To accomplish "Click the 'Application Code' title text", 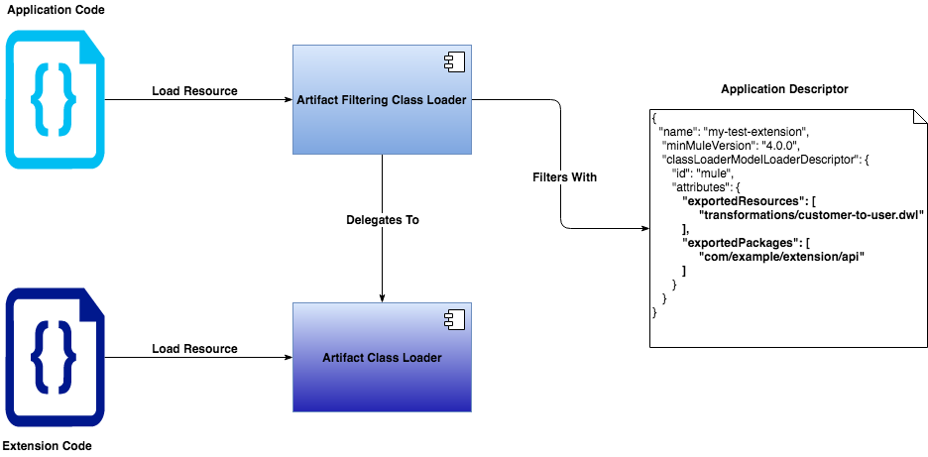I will [56, 9].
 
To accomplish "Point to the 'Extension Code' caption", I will [48, 446].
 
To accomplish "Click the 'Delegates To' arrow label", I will [383, 220].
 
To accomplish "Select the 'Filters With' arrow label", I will [564, 177].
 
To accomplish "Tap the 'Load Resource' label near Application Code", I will [194, 91].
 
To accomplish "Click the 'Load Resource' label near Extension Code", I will [194, 349].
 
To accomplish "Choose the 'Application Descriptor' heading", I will [784, 89].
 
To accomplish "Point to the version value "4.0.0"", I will [769, 145].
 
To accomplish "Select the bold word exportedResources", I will [735, 200].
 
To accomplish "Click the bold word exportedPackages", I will [734, 243].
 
